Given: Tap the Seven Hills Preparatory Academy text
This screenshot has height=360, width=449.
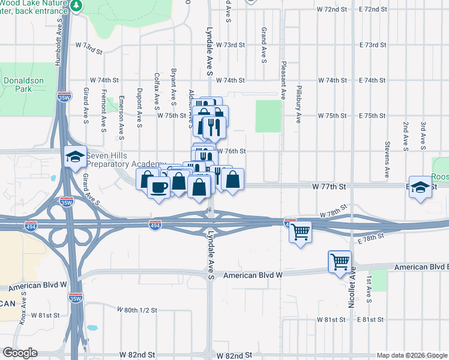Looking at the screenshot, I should [125, 160].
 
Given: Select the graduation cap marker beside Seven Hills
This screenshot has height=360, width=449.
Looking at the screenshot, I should [75, 157].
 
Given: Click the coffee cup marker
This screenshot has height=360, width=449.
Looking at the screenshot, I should [158, 187].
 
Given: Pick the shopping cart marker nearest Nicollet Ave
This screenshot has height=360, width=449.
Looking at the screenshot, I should [340, 262].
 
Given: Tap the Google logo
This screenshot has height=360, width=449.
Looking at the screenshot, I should [20, 353].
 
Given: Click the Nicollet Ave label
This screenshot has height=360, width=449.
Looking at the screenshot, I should [352, 287].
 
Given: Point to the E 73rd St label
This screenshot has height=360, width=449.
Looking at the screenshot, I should [373, 45].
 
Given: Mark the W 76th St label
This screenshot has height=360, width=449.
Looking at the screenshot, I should [231, 151].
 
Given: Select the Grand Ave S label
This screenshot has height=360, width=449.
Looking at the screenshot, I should [264, 44].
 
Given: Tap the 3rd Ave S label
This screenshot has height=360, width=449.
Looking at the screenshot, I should [423, 135].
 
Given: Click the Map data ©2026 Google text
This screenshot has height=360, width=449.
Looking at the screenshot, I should [411, 355].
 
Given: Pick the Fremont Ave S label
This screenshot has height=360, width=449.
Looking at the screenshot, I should [104, 110].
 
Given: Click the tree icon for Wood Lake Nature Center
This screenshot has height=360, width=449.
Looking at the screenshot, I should [76, 6].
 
